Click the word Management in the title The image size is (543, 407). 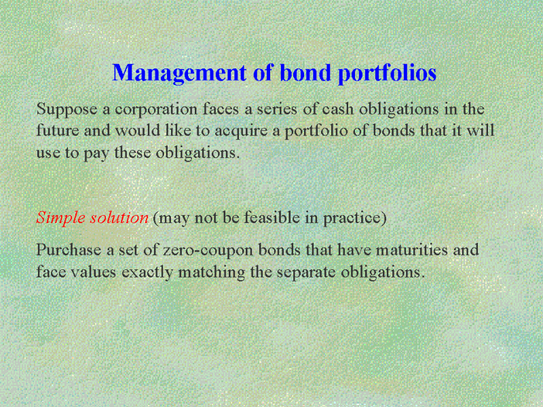(x=179, y=74)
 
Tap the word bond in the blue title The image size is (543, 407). (x=305, y=73)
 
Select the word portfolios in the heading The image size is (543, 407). (x=387, y=74)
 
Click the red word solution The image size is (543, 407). (x=119, y=217)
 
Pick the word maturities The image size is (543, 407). (x=412, y=250)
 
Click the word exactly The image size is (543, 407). (x=147, y=273)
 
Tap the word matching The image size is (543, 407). (x=212, y=273)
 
